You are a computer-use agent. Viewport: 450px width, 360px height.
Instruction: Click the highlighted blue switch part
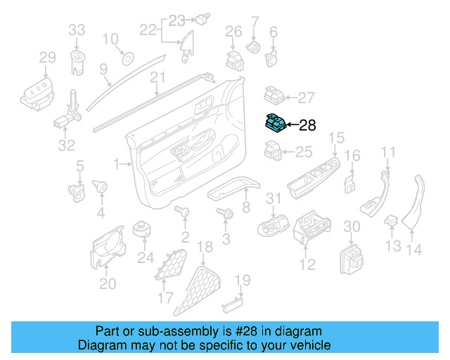coord(276,124)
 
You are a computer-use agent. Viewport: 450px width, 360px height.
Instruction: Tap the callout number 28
coord(308,126)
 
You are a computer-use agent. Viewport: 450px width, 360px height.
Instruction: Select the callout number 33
coord(77,30)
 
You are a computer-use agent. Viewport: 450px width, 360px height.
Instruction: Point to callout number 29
coord(46,57)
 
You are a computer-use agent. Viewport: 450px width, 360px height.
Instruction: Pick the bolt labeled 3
coord(226,213)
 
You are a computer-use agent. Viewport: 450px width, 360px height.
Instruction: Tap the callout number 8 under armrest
coord(246,207)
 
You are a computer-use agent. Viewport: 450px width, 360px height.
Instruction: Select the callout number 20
coord(107,284)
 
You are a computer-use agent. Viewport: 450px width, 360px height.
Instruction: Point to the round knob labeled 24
coord(145,230)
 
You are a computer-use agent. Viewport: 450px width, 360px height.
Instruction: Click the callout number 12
coord(308,265)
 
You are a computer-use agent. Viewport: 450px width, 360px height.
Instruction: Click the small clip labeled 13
coord(391,223)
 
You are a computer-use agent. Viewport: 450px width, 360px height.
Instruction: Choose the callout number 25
coord(303,151)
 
